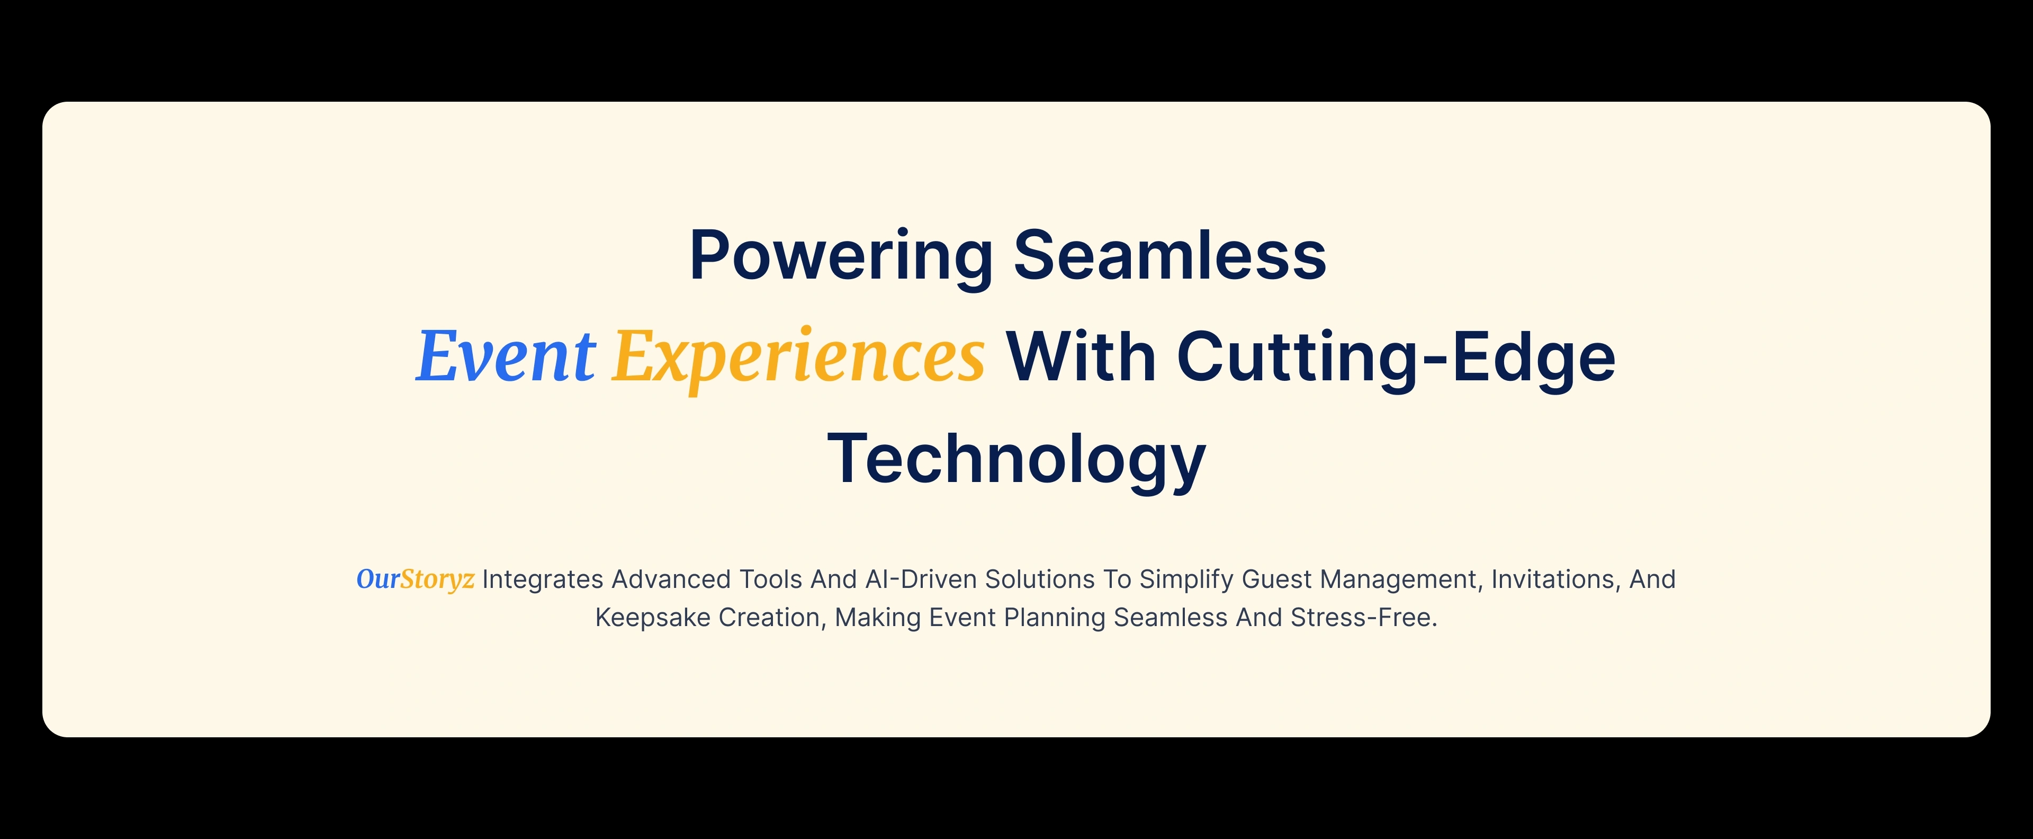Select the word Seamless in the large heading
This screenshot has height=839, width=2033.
(1170, 254)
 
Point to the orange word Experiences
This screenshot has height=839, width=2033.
(799, 359)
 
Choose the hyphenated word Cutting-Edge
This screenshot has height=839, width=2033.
(1396, 360)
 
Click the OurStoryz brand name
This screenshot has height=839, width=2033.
(415, 579)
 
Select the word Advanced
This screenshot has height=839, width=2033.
(671, 579)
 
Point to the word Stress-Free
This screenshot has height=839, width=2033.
(1364, 617)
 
